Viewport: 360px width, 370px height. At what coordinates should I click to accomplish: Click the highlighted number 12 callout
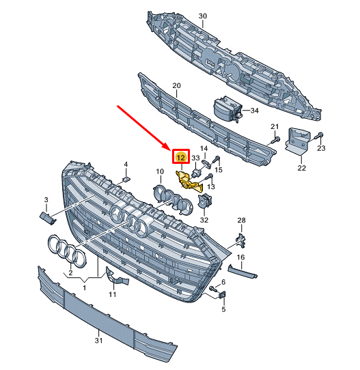[181, 157]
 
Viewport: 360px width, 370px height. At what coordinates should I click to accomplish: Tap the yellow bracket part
[189, 181]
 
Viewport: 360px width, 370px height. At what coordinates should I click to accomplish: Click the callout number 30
[203, 16]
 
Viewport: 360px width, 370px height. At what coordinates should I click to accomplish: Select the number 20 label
[176, 85]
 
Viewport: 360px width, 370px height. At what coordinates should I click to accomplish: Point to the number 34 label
[255, 111]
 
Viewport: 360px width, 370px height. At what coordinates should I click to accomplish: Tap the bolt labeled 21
[276, 140]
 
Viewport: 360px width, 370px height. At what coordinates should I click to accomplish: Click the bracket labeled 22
[297, 141]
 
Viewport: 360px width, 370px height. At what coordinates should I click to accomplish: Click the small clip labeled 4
[127, 180]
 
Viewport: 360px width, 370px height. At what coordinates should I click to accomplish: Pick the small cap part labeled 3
[48, 218]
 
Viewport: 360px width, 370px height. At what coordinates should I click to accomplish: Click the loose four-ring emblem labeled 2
[67, 251]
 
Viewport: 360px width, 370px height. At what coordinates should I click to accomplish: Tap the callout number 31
[98, 340]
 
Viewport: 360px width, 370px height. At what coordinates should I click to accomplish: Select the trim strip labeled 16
[243, 272]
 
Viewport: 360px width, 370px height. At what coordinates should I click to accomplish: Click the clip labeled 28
[240, 241]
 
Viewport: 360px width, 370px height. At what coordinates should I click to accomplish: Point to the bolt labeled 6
[212, 288]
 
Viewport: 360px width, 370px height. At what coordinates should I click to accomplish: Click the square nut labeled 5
[223, 295]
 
